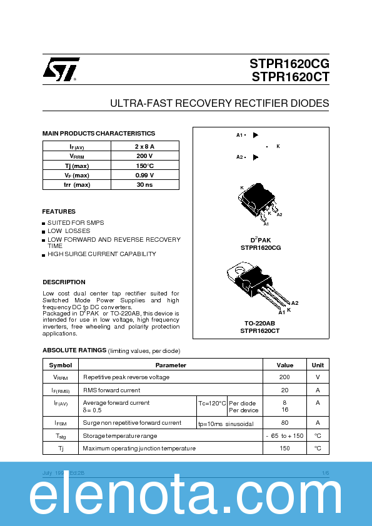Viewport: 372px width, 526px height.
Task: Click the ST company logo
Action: click(61, 69)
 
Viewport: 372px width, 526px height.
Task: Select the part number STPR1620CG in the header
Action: click(289, 64)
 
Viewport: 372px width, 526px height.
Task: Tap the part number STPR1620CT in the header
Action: click(289, 77)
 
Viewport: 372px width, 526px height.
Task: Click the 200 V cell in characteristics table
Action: click(144, 156)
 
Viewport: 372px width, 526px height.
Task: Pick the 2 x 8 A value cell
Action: click(144, 146)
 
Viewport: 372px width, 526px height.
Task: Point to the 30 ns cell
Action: click(144, 185)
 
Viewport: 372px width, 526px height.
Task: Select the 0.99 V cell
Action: click(144, 176)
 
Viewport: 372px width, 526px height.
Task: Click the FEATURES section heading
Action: click(59, 212)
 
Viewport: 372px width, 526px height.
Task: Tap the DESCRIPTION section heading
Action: click(64, 282)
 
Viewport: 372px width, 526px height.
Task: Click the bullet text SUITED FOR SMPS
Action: click(76, 223)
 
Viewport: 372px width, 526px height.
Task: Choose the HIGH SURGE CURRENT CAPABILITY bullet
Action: click(102, 254)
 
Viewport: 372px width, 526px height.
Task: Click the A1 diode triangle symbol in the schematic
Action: click(255, 135)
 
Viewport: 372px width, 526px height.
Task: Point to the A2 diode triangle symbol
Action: click(255, 157)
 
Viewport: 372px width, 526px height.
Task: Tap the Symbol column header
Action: click(61, 365)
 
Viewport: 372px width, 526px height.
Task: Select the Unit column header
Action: click(318, 365)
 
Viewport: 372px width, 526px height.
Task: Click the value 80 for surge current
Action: click(284, 423)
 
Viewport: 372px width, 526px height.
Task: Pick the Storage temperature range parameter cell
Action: click(120, 436)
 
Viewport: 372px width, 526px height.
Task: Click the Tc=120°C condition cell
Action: click(212, 404)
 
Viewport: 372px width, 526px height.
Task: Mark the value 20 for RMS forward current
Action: click(284, 390)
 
